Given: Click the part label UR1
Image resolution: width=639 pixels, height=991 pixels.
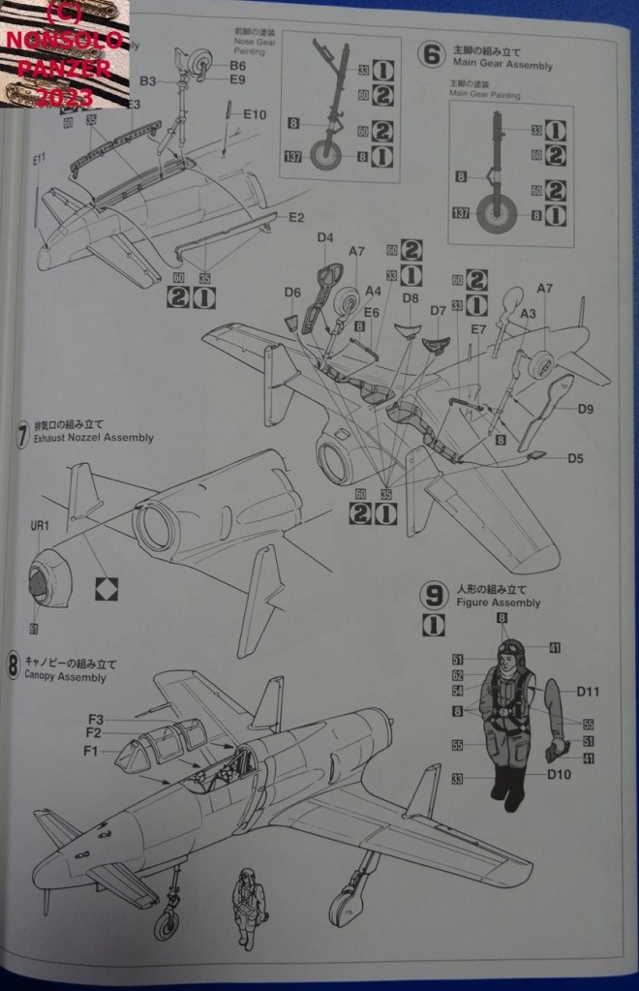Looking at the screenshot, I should point(38,527).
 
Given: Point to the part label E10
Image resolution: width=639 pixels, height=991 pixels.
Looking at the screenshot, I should point(255,113).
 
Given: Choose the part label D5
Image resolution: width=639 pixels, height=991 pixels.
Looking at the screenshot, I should point(575,457).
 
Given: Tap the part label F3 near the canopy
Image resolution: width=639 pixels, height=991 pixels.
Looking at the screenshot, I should point(94,719).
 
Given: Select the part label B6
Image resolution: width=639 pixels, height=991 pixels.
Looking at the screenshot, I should point(237,65).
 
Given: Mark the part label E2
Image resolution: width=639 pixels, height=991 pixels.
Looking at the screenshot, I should point(295,217).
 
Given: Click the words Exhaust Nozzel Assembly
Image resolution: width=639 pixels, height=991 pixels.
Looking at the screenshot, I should point(93,438).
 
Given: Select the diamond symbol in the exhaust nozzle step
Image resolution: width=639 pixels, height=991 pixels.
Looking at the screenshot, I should point(103,587).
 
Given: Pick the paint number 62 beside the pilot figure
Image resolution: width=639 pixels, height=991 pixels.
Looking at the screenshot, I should point(458,675).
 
